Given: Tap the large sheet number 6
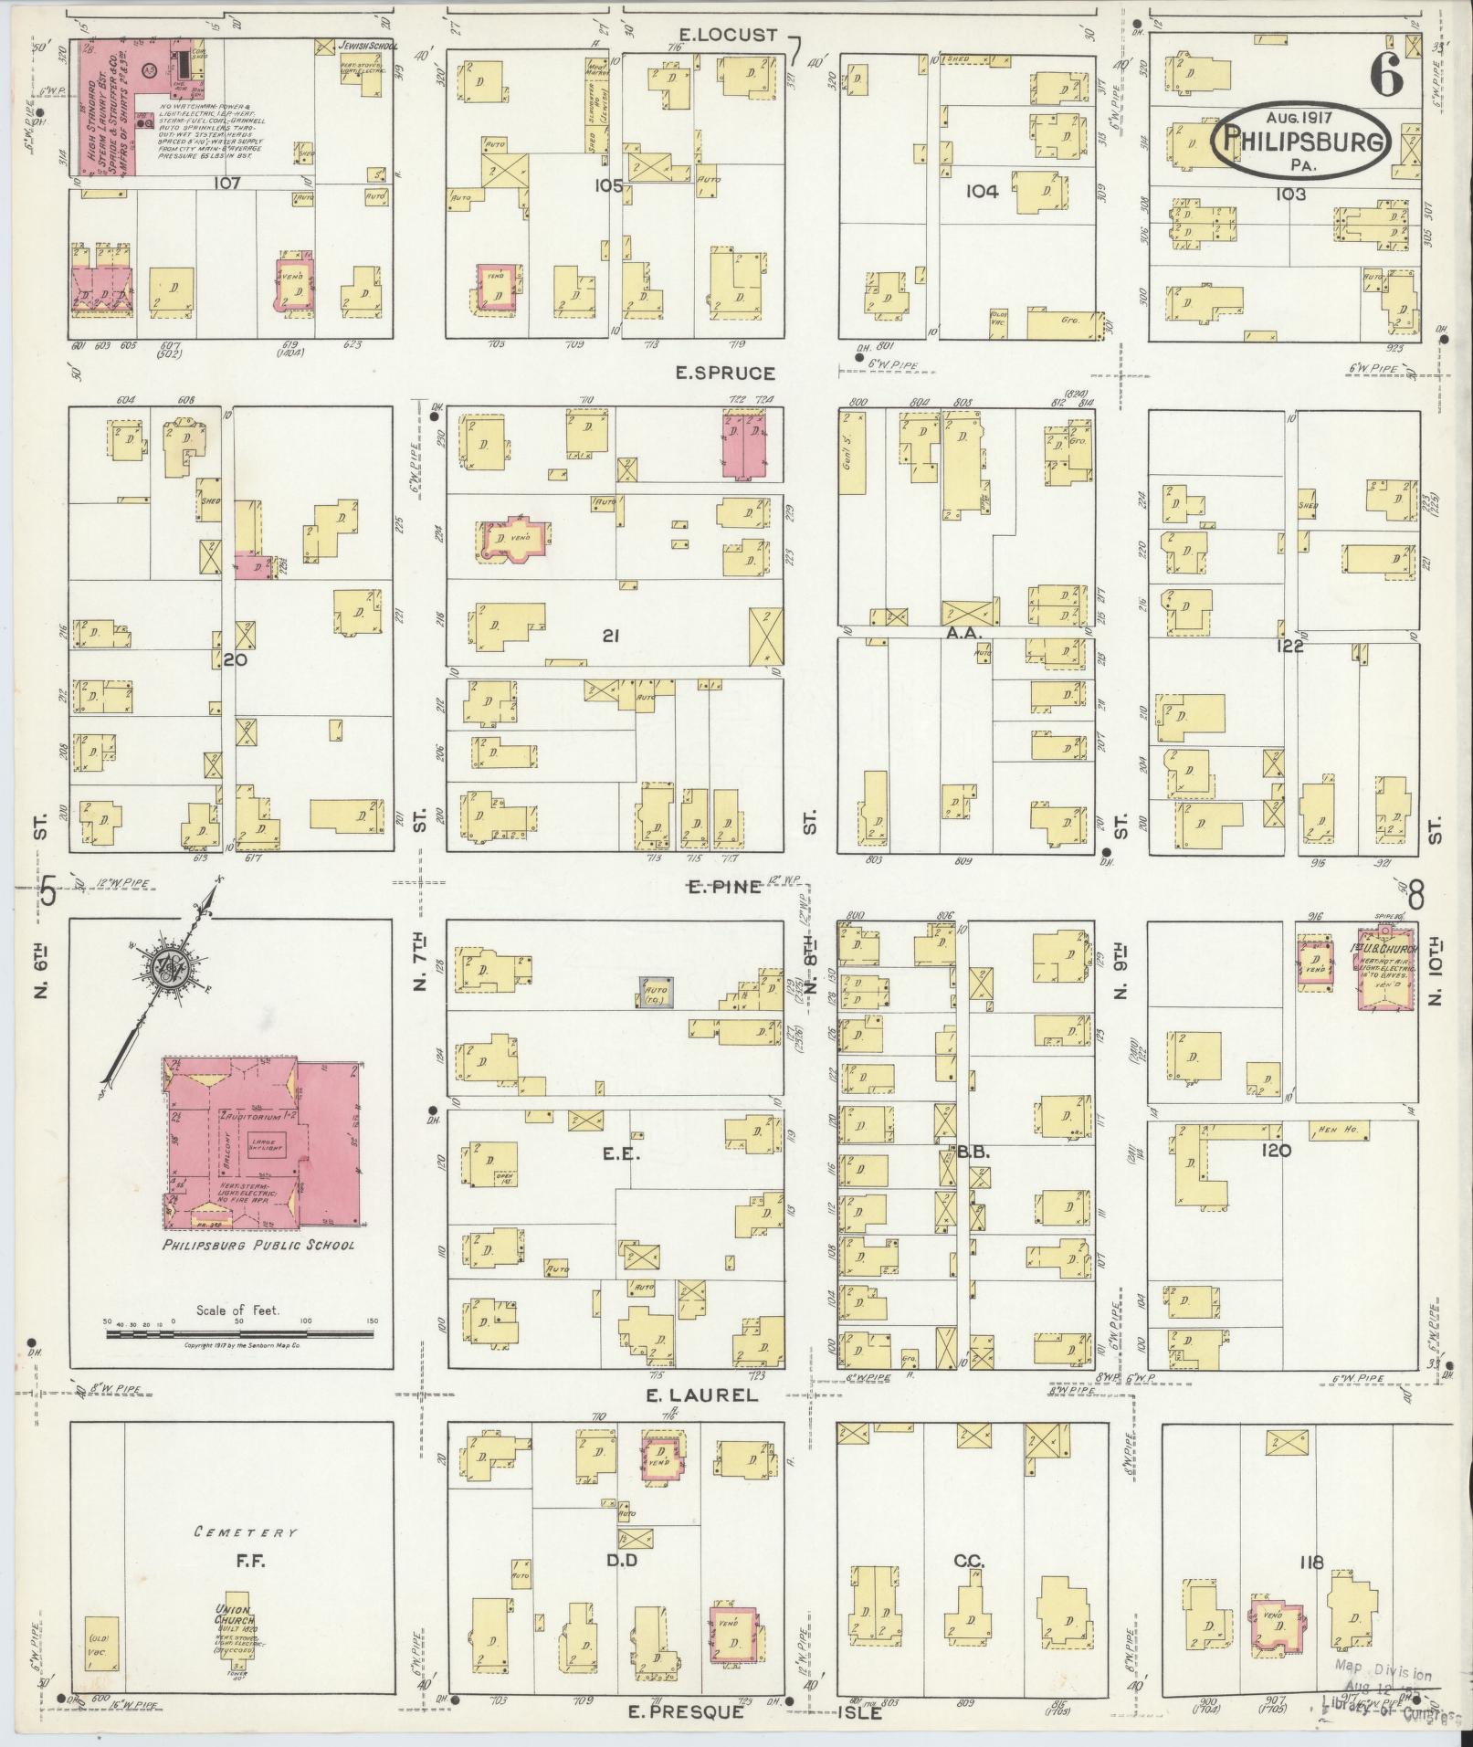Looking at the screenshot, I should (1385, 77).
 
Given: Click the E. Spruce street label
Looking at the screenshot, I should (725, 373).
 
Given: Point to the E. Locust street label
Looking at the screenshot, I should (728, 36).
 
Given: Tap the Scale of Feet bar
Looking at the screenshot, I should (239, 1334).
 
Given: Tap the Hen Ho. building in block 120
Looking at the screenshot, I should (1334, 1131).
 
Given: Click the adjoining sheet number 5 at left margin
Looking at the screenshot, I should (48, 893).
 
